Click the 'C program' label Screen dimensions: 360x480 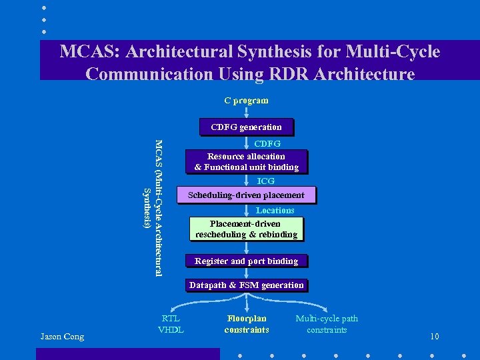tap(246, 101)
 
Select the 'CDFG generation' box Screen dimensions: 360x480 tap(246, 127)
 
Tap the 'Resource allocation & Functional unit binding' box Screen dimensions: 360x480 tap(246, 161)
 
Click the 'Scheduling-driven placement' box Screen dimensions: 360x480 tap(246, 195)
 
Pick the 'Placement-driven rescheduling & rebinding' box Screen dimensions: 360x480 tap(246, 229)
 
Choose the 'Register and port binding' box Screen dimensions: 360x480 tap(246, 261)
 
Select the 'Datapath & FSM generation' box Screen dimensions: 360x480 tap(246, 285)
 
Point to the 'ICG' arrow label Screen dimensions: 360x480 tap(265, 181)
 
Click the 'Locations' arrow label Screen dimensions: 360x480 tap(275, 210)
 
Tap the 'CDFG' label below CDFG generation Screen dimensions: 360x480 tap(267, 143)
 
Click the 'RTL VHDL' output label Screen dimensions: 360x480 tap(171, 324)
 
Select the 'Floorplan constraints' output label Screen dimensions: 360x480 tap(247, 324)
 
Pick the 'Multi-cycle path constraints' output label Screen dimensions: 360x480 tap(327, 324)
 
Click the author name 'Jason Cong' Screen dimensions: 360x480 tap(62, 337)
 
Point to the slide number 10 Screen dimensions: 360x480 tap(434, 337)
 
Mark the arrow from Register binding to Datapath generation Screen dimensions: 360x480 tap(246, 273)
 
